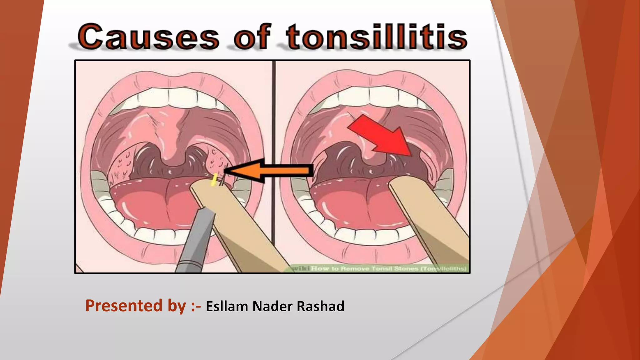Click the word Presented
coord(124,306)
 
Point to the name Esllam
coord(227,306)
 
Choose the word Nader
coord(272,306)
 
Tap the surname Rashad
coord(320,306)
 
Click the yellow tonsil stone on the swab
coord(214,180)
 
